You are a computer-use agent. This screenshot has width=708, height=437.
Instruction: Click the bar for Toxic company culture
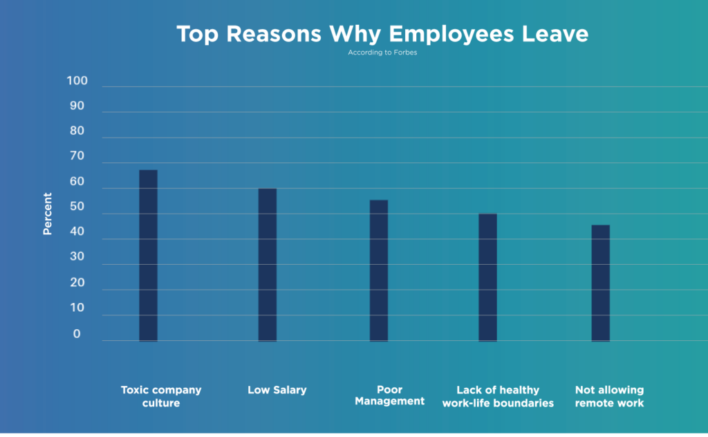(x=148, y=255)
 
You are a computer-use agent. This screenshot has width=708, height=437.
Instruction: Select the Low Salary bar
(x=268, y=265)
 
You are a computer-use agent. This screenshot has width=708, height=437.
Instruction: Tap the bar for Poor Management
(x=379, y=270)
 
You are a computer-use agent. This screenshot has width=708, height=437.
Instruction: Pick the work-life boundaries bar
(x=487, y=277)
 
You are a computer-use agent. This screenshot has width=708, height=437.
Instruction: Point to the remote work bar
(x=601, y=283)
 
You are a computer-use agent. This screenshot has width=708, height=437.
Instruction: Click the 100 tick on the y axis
(x=77, y=81)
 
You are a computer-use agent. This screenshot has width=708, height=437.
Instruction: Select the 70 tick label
(x=76, y=156)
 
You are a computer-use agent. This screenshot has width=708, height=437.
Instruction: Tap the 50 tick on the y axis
(x=76, y=207)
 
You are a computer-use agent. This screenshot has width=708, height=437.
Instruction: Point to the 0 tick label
(x=77, y=334)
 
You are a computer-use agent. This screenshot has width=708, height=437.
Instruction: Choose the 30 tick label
(x=76, y=257)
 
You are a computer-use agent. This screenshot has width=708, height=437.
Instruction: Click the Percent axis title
(x=48, y=214)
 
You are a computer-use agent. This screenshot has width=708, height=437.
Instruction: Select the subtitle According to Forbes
(x=382, y=53)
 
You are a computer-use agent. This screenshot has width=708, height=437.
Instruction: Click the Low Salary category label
(x=277, y=390)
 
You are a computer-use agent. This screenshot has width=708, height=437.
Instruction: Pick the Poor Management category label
(x=390, y=396)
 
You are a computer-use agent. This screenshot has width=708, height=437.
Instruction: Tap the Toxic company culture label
(x=161, y=396)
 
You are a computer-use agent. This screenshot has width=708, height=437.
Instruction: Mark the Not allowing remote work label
(x=609, y=396)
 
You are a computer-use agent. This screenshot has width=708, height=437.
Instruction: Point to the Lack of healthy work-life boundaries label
(x=498, y=396)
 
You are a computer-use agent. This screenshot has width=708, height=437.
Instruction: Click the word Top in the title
(x=200, y=34)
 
